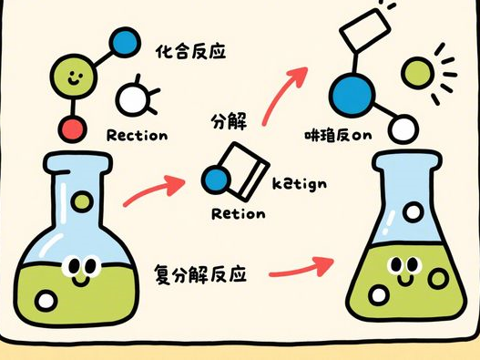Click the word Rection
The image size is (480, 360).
137,137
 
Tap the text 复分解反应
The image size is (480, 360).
205,273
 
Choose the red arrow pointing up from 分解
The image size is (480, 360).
284,91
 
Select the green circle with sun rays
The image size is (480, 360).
419,72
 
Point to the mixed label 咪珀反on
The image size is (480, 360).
340,138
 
